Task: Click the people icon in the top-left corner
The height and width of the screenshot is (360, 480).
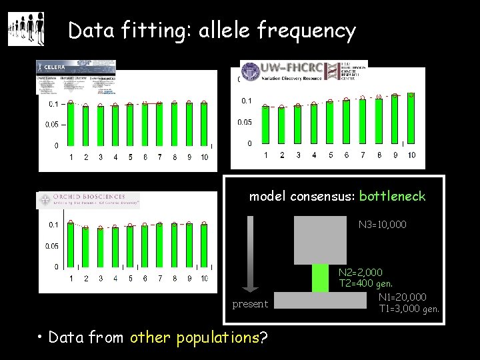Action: [x=26, y=29]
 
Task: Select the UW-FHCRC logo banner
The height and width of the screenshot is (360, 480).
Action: [x=303, y=72]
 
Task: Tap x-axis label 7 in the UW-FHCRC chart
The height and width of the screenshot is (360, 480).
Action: [x=362, y=155]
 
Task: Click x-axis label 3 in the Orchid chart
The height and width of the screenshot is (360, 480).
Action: [x=101, y=279]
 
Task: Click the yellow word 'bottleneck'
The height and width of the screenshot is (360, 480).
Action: [x=392, y=197]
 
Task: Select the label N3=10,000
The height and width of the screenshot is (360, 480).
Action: [x=382, y=225]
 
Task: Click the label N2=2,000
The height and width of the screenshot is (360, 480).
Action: [x=360, y=273]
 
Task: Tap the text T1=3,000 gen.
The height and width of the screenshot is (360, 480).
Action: [x=409, y=309]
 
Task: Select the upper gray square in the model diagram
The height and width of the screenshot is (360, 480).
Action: [x=321, y=239]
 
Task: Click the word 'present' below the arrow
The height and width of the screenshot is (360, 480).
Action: [x=250, y=304]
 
